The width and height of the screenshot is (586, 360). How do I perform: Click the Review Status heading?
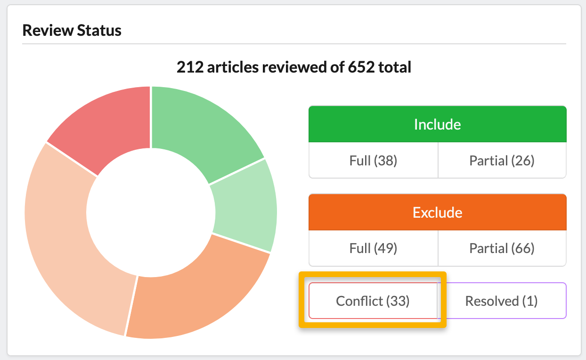(72, 31)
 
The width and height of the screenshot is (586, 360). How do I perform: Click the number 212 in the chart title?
(190, 67)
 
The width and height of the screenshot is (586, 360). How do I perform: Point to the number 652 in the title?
(361, 67)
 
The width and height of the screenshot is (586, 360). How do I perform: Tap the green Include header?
(437, 124)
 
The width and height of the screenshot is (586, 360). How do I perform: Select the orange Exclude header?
(437, 213)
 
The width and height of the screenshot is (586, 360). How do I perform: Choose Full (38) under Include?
(373, 161)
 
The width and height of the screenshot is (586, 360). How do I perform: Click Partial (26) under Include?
(502, 161)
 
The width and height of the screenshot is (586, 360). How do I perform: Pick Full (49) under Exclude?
(373, 248)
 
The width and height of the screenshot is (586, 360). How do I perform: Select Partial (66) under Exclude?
(502, 248)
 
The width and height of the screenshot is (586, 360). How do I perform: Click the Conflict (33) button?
(373, 301)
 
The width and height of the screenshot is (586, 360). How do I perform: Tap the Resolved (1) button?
(501, 301)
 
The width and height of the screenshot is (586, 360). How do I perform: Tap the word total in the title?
(395, 67)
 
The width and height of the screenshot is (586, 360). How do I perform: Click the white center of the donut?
(151, 212)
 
